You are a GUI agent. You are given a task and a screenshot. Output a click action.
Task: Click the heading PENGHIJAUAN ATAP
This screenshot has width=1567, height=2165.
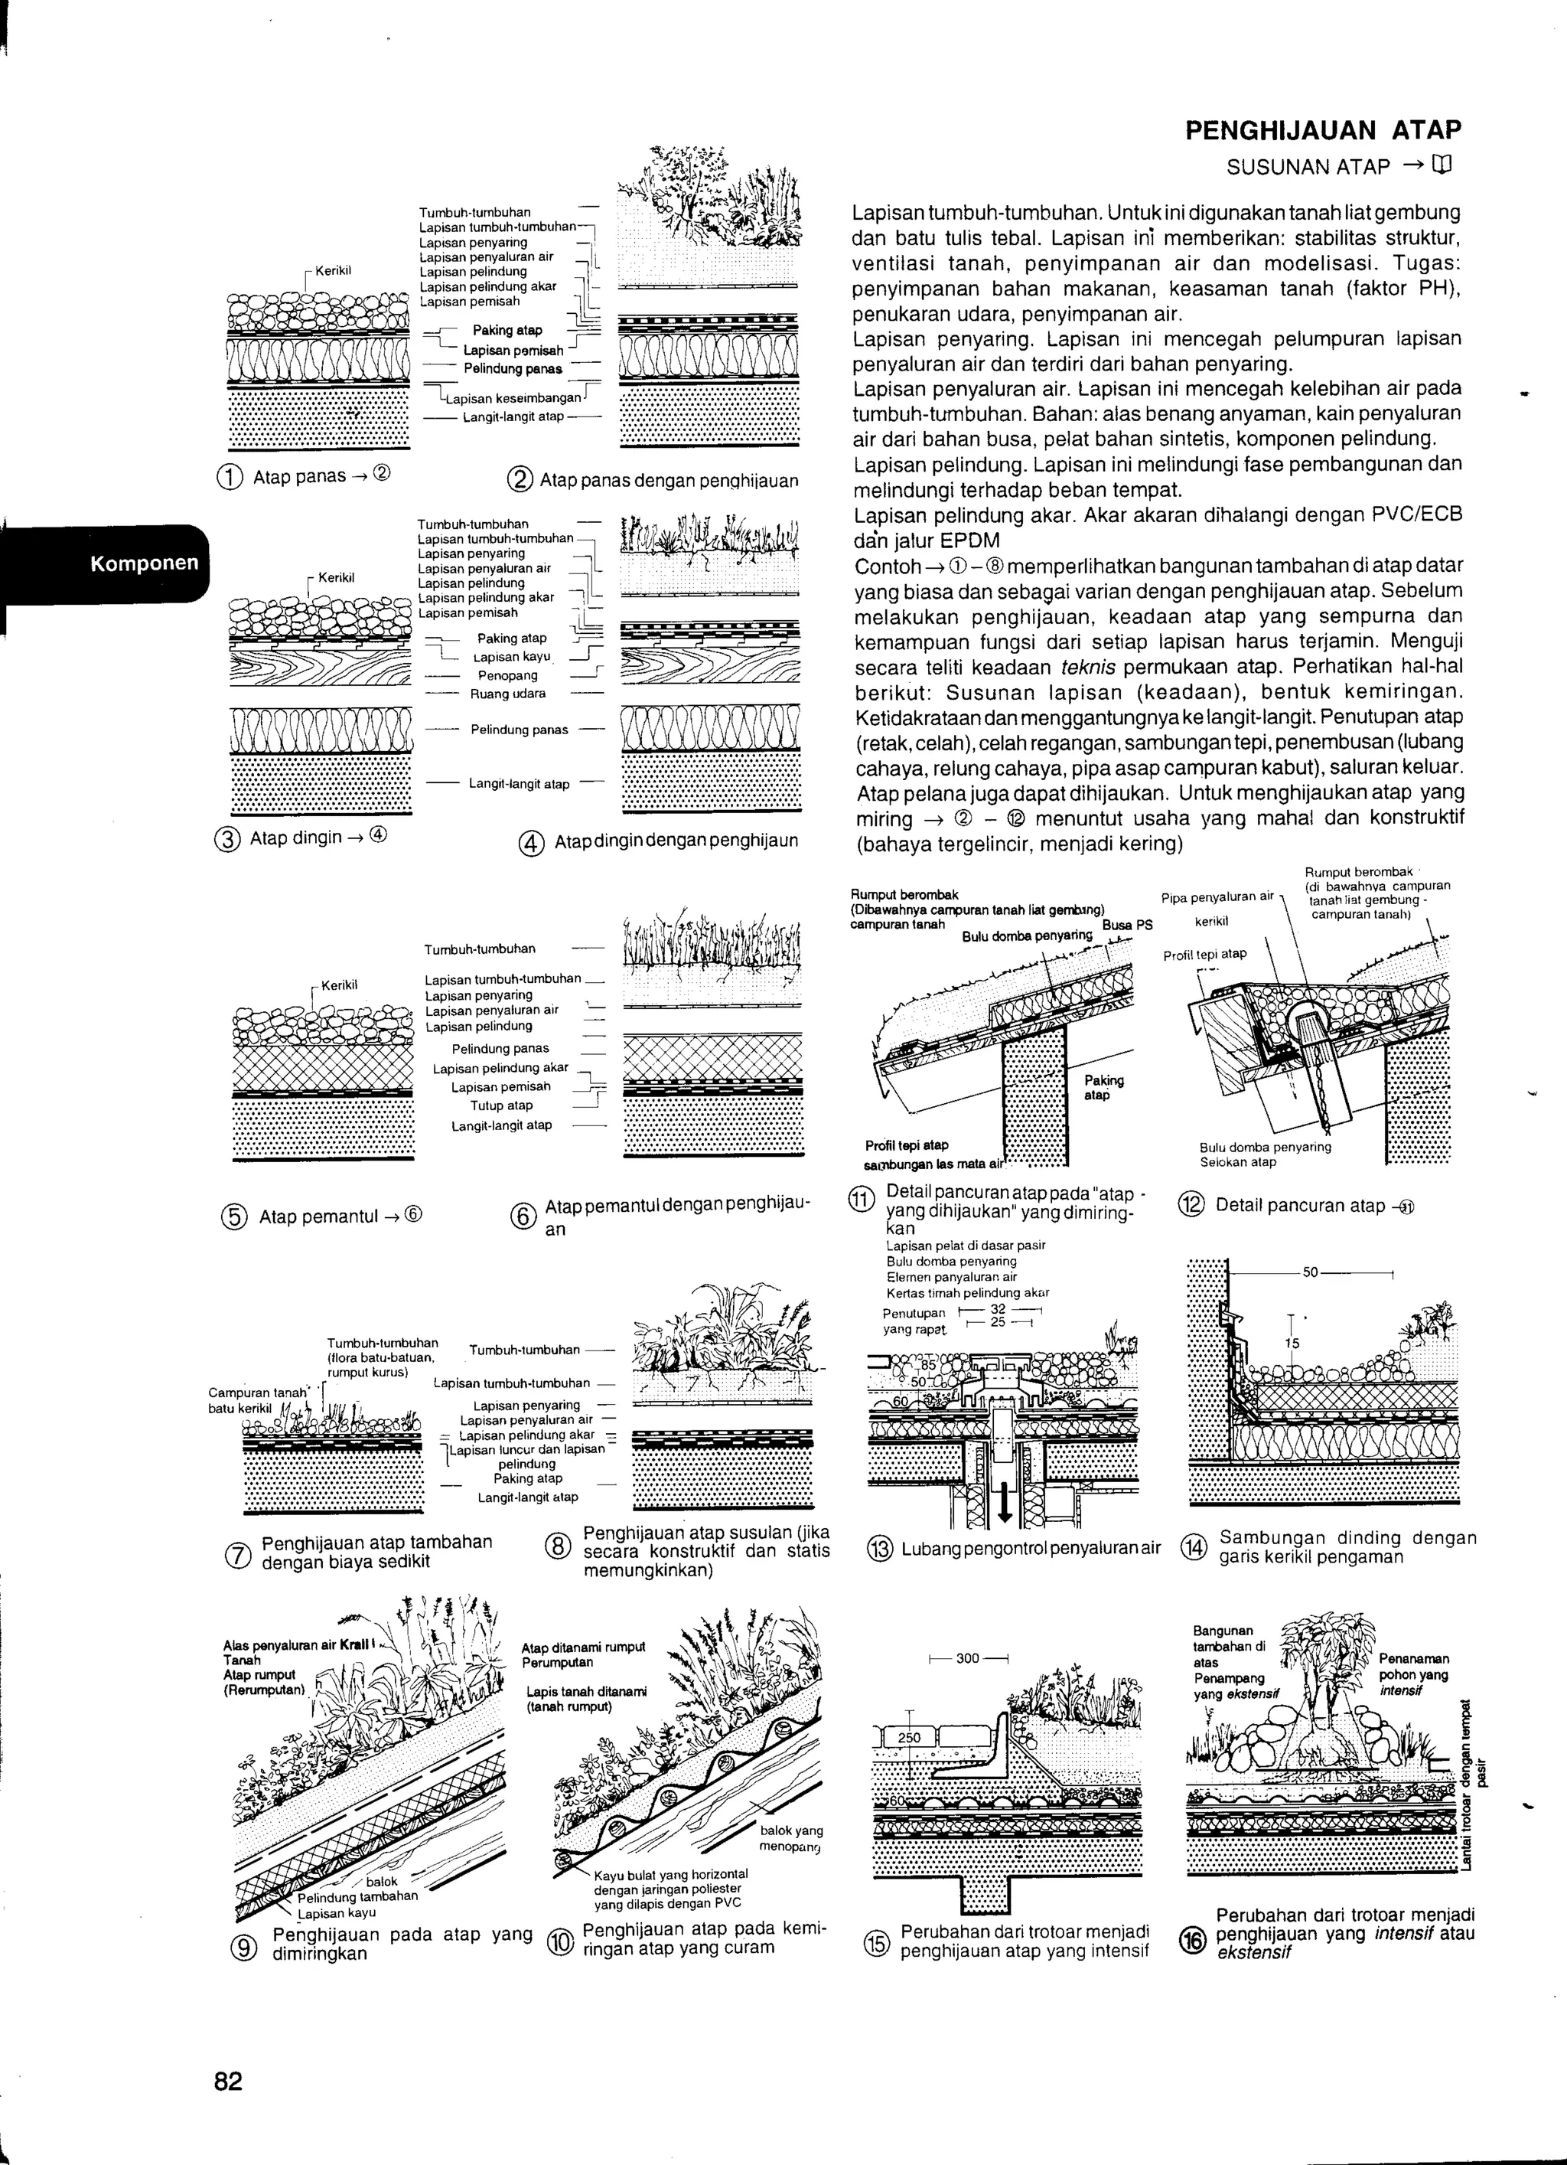tap(1323, 131)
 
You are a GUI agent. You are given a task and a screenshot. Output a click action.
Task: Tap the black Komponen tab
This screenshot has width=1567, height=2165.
tap(144, 563)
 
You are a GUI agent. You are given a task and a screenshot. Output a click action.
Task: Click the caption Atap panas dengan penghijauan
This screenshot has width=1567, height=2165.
tap(668, 480)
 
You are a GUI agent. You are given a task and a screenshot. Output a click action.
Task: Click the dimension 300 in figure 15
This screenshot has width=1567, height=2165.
tap(966, 1658)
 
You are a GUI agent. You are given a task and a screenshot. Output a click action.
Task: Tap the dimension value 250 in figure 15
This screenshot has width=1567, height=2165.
tap(910, 1737)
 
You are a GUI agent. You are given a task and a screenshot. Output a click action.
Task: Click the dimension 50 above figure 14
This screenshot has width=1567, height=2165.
tap(1310, 1273)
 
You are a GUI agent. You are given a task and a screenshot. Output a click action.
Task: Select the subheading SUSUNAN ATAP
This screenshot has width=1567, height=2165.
tap(1308, 168)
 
